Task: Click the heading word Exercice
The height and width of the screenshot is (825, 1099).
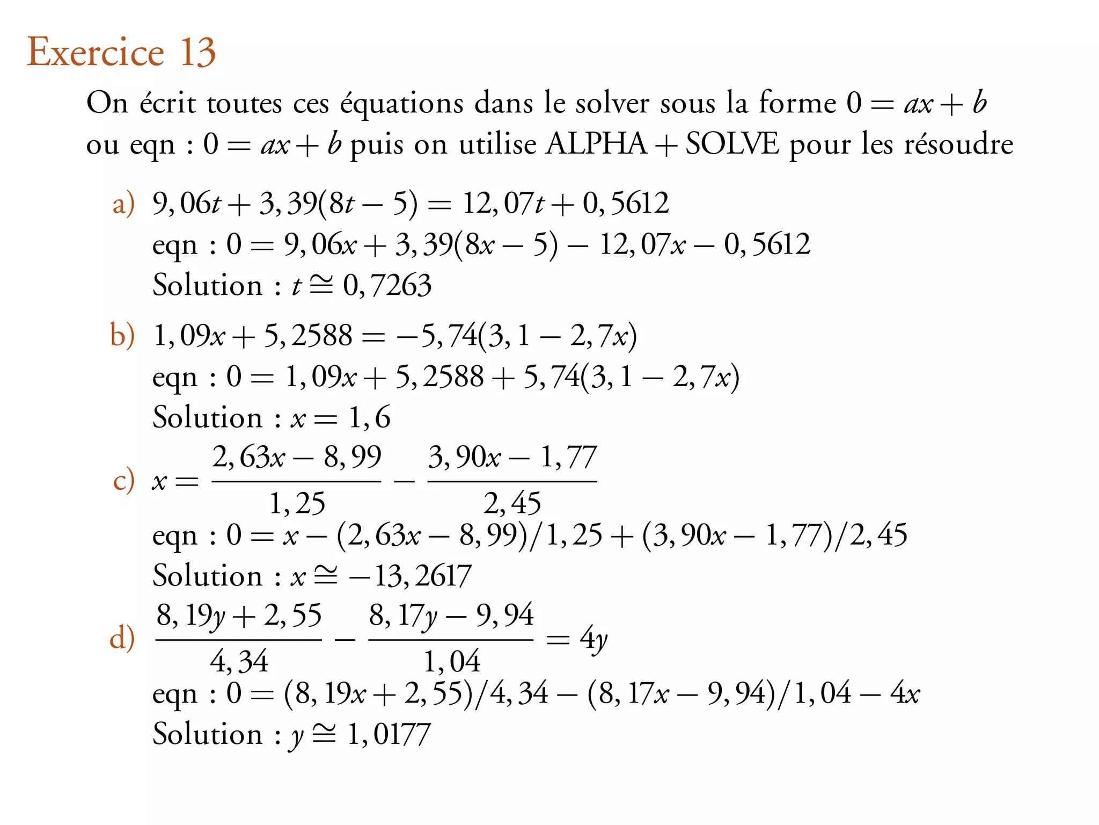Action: tap(96, 53)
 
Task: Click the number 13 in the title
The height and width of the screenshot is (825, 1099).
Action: tap(197, 53)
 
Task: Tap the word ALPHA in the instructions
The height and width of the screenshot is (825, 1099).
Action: tap(596, 144)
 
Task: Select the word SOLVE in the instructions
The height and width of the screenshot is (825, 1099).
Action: tap(732, 144)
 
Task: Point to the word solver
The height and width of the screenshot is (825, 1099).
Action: tap(612, 103)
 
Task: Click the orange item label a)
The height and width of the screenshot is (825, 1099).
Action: tap(123, 204)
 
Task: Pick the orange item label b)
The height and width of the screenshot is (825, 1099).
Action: tap(122, 336)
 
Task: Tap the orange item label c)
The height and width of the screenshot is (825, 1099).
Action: tap(123, 480)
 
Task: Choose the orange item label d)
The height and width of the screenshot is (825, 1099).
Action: tap(122, 638)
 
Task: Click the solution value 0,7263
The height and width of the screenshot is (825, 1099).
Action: tap(387, 286)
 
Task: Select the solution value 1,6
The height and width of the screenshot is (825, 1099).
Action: tap(369, 418)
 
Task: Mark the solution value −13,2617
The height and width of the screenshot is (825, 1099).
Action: tap(409, 576)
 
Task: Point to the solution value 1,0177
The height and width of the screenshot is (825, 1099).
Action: tap(389, 735)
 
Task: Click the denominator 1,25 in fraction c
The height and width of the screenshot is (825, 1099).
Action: tap(297, 504)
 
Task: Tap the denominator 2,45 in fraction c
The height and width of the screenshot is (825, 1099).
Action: tap(512, 504)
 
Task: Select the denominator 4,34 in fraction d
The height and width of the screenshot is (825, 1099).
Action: tap(239, 662)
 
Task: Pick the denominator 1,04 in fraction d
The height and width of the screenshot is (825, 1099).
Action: tap(451, 662)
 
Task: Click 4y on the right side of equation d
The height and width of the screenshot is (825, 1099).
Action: tap(594, 639)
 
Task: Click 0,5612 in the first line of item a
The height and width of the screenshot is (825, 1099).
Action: tap(626, 204)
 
